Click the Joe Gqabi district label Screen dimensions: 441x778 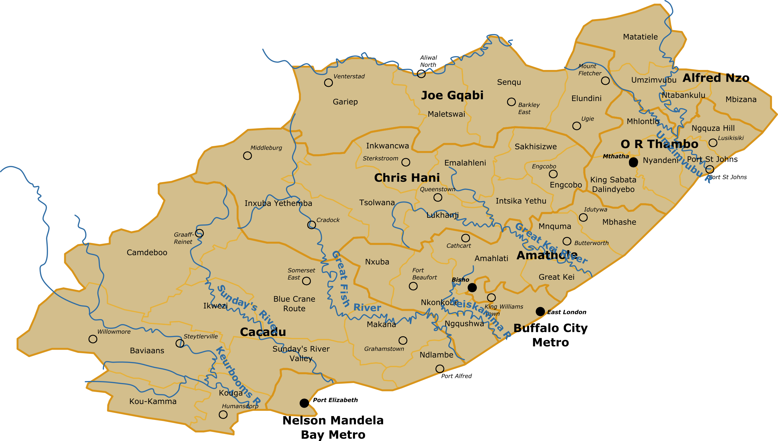(452, 95)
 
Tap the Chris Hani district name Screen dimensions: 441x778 (407, 178)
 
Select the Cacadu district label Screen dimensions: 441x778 (263, 332)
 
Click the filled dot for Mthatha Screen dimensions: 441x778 (633, 162)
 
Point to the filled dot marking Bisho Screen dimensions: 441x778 (472, 287)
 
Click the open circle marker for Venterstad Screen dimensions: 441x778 (328, 83)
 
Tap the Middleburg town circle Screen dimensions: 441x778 (247, 156)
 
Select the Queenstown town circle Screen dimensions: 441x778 (438, 197)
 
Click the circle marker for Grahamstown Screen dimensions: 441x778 (403, 340)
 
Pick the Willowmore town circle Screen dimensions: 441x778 (93, 339)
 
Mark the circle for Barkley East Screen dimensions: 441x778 (511, 102)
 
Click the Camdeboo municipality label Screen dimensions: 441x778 (147, 252)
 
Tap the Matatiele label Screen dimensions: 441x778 (640, 37)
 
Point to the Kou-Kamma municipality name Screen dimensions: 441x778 (153, 401)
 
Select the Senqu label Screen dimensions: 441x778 (509, 82)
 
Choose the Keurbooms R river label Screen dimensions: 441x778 (238, 376)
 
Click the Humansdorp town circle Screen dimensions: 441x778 (223, 414)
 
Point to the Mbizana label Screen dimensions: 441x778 (741, 99)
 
